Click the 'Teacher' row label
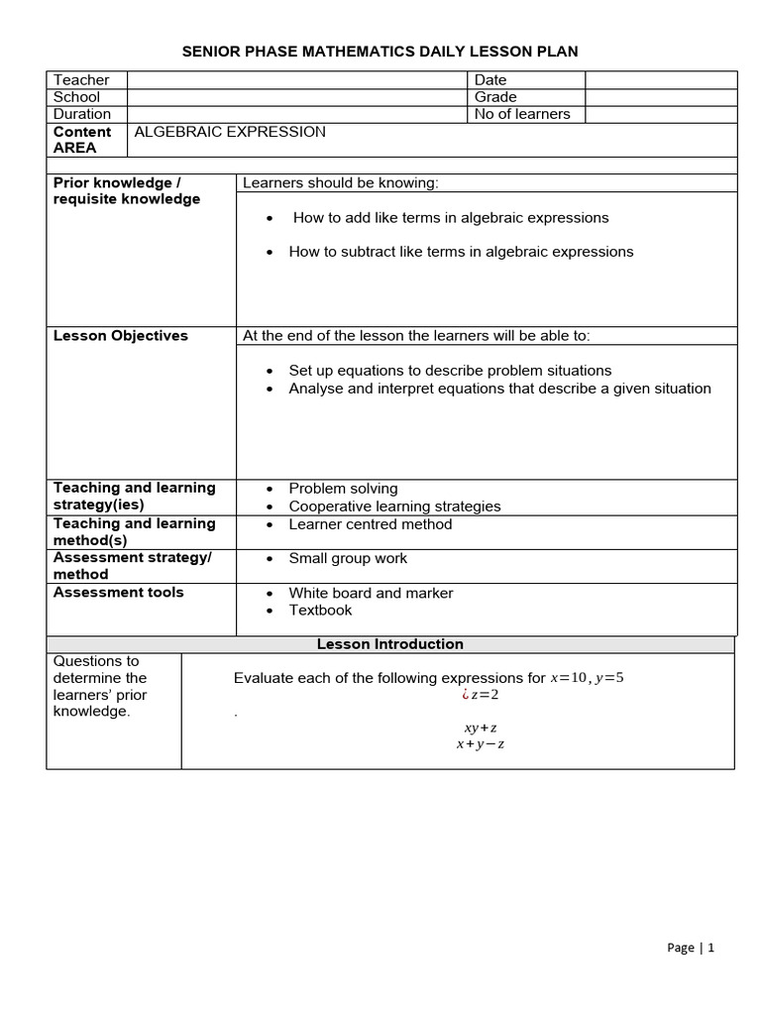pos(81,79)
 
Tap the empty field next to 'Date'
pos(661,79)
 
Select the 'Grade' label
pos(495,97)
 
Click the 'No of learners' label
pos(522,114)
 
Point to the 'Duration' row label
pos(82,114)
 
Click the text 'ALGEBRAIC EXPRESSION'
pos(230,132)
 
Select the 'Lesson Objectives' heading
pos(120,336)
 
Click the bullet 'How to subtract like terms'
pos(461,252)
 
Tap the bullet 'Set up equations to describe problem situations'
pos(450,371)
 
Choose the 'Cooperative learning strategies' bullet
pos(394,507)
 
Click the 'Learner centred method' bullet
pos(370,524)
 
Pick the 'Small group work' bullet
pos(348,559)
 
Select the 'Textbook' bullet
pos(320,611)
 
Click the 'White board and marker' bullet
pos(371,594)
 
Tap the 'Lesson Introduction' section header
pos(389,644)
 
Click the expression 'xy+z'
pos(481,728)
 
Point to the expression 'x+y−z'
pos(481,744)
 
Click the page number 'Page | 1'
pos(691,948)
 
